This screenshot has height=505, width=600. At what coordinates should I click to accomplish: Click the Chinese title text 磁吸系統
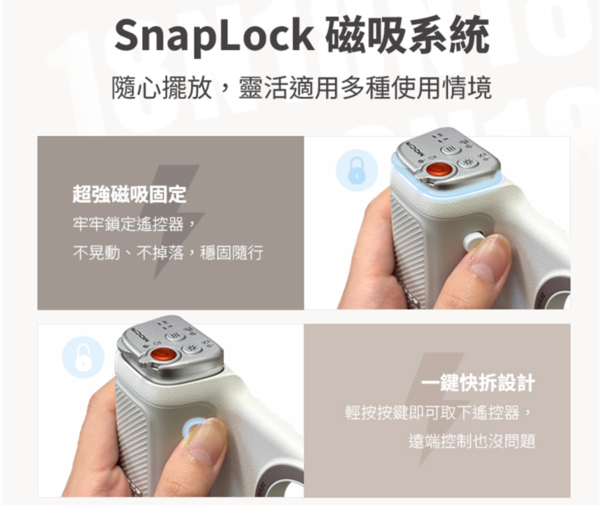(x=407, y=35)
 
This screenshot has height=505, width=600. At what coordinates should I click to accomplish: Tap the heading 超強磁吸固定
(x=129, y=194)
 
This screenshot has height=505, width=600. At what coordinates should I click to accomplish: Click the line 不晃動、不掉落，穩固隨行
(x=168, y=253)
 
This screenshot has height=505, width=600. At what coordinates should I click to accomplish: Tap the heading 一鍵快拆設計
(x=478, y=382)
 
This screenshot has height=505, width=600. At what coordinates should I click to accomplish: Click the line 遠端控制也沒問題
(x=472, y=441)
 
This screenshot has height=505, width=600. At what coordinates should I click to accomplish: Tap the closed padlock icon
(x=356, y=171)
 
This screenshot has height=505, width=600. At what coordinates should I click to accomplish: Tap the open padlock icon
(x=83, y=358)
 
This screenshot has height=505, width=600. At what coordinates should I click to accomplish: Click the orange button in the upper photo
(x=436, y=169)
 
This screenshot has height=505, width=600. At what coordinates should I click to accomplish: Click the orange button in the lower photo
(x=162, y=354)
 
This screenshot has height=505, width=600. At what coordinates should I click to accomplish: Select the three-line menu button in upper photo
(x=451, y=149)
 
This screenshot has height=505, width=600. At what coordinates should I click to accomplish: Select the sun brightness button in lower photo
(x=191, y=348)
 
